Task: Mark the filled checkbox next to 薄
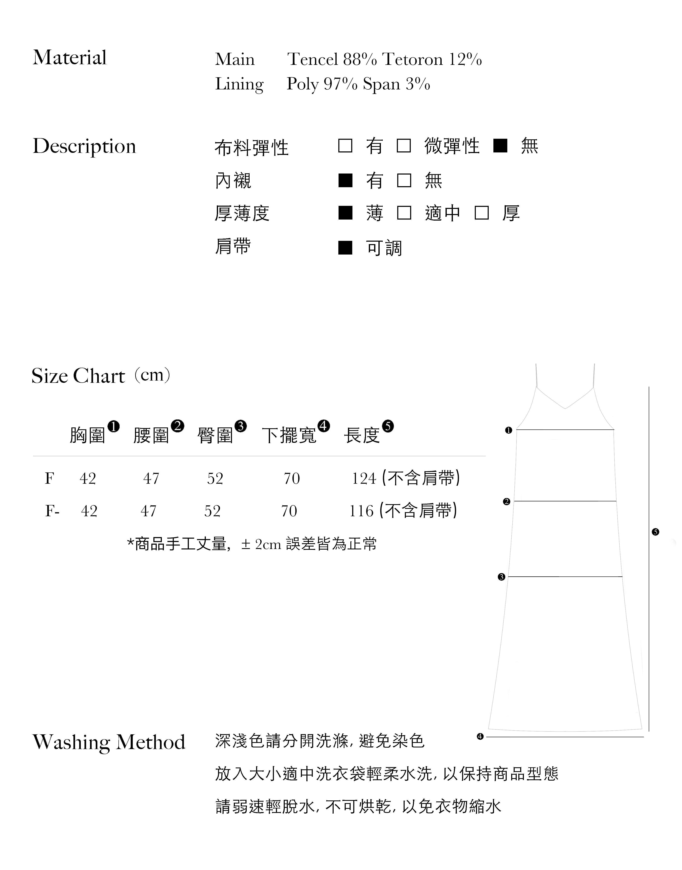point(345,213)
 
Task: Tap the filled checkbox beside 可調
point(345,248)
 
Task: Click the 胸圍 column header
point(87,435)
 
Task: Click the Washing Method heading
point(109,742)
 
